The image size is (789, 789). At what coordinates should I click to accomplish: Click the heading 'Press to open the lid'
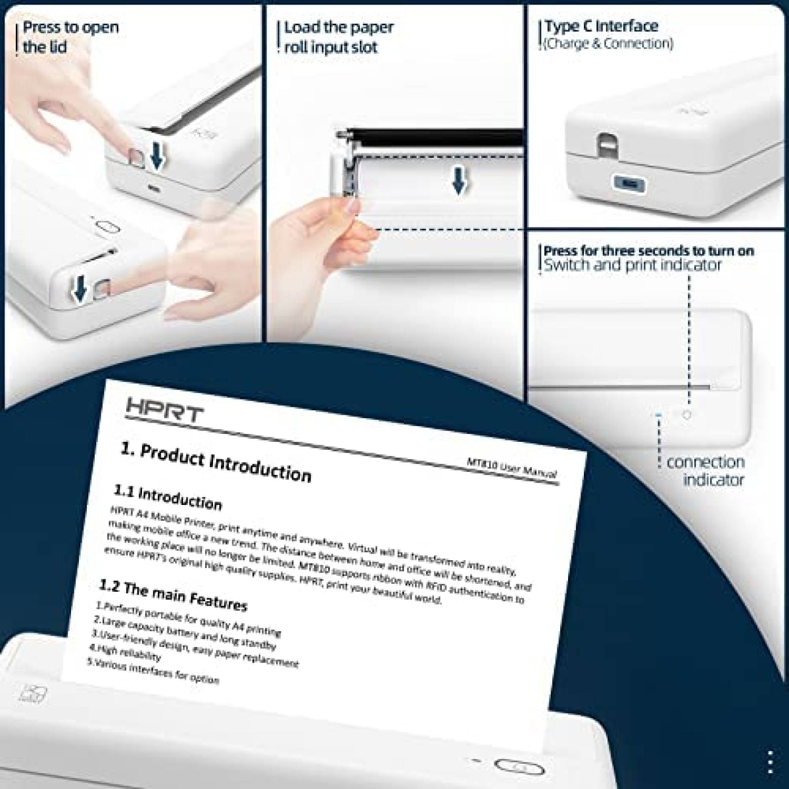[71, 37]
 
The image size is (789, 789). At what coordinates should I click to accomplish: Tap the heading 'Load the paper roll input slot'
[338, 37]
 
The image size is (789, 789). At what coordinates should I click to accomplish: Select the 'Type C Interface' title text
[601, 26]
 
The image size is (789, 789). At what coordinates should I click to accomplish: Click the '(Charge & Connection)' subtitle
[608, 43]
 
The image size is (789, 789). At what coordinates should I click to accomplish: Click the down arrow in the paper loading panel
[459, 183]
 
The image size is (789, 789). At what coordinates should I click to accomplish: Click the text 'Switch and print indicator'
[632, 265]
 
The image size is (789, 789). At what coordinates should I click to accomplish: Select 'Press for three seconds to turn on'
[648, 251]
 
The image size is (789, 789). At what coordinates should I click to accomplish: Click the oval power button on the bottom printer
[519, 768]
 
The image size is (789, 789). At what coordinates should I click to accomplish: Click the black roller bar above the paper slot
[434, 137]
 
